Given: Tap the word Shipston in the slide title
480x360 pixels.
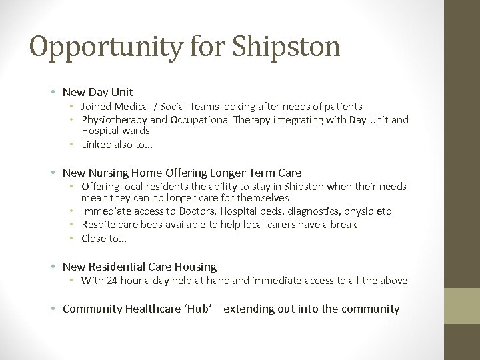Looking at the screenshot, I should point(287,46).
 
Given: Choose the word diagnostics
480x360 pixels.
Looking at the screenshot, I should point(325,211).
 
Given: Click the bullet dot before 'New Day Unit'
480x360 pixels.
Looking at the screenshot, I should point(52,92).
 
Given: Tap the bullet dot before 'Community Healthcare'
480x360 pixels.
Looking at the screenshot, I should point(52,309).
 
